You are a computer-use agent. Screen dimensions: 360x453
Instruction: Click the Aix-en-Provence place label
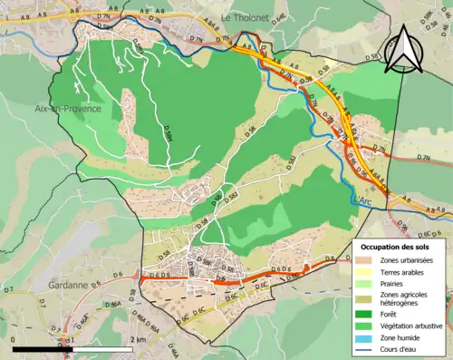tap(69, 109)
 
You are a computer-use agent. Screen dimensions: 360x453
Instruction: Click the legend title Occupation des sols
tap(396, 247)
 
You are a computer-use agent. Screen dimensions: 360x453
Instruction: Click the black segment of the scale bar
tap(45, 347)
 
